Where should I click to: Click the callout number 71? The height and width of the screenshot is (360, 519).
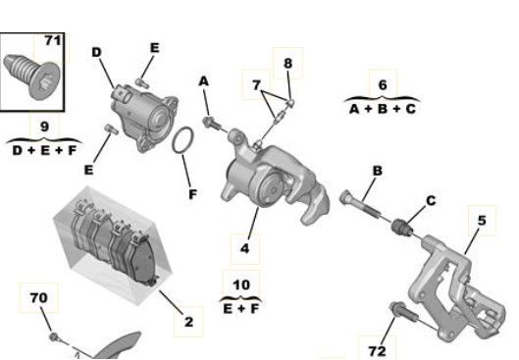(53, 40)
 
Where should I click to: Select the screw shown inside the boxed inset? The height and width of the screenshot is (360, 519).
(31, 77)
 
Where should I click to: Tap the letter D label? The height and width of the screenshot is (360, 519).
(96, 52)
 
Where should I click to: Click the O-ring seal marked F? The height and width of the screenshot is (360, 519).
(183, 140)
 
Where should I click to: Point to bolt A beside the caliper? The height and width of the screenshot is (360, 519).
(212, 124)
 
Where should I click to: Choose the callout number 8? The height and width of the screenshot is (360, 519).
(288, 63)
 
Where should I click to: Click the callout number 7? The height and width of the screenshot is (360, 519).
(256, 85)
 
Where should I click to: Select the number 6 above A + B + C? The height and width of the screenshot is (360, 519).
(383, 85)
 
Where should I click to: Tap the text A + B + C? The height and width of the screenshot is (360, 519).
(383, 109)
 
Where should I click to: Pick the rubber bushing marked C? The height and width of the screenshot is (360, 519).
(402, 228)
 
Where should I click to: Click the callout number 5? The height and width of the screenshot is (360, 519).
(482, 221)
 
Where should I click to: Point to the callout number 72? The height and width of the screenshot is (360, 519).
(377, 351)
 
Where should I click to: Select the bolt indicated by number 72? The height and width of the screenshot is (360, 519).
(404, 312)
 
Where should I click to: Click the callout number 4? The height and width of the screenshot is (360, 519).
(244, 248)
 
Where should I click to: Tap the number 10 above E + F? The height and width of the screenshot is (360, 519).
(241, 284)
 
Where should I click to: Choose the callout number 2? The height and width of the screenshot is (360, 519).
(188, 322)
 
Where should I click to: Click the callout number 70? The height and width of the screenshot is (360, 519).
(38, 297)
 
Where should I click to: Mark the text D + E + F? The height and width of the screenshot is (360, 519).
(45, 150)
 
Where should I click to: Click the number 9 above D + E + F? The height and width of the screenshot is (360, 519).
(44, 127)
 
